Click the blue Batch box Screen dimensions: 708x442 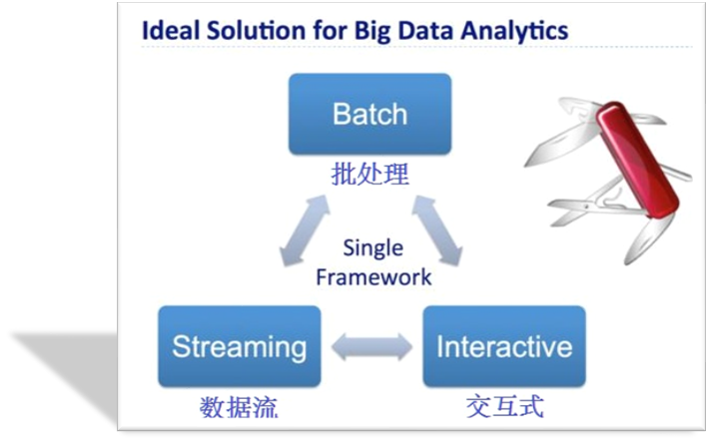coord(369,114)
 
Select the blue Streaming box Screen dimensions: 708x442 coord(240,346)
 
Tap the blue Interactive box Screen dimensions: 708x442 coord(504,346)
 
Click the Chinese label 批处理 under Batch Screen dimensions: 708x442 coord(369,174)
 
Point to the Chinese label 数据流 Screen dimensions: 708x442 coord(239,408)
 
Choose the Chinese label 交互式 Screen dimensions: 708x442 coord(505,406)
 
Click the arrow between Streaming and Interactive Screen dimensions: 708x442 coord(371,347)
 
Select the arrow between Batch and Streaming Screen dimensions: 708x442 coord(305,230)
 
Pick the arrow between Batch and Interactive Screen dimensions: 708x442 coord(437,230)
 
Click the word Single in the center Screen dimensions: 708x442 coord(372,248)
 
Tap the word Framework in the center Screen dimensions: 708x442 coord(373,277)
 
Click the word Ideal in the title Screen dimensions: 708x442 coord(171,31)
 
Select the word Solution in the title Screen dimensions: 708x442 coord(255,31)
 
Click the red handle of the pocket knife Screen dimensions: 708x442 coord(637,159)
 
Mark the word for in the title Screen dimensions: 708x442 coord(329,31)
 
